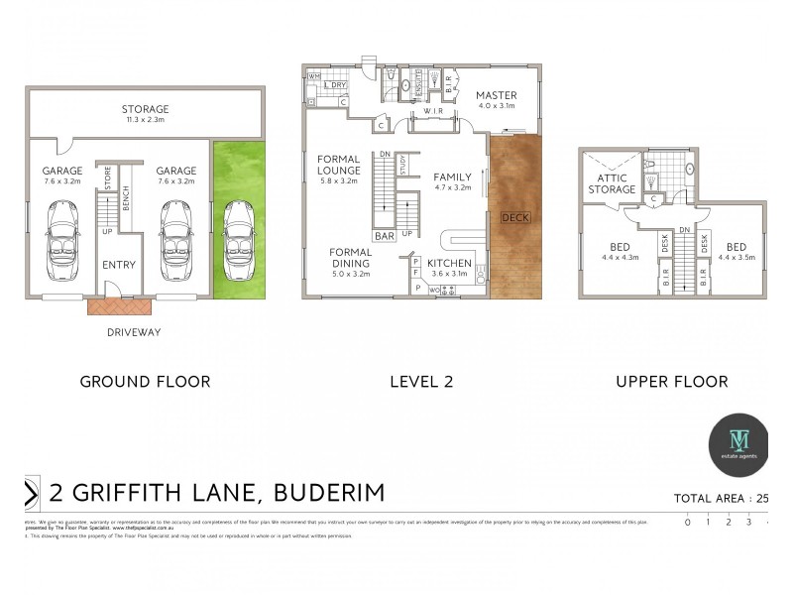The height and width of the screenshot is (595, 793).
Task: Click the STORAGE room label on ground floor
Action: click(145, 109)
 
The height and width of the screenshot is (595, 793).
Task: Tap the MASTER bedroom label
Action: click(498, 95)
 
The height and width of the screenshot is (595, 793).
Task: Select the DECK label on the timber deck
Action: click(515, 217)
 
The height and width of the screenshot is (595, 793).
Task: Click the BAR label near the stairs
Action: click(385, 236)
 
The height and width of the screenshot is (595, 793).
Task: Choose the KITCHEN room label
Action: click(449, 264)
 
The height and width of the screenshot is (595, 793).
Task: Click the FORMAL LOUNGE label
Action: click(338, 165)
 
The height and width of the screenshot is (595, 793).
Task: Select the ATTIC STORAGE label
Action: click(612, 183)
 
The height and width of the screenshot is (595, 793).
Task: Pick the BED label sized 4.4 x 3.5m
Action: click(736, 248)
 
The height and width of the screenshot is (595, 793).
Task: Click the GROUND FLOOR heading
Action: click(145, 381)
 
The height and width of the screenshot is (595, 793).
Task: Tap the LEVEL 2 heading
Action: click(423, 381)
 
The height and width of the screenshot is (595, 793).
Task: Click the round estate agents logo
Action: click(739, 442)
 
